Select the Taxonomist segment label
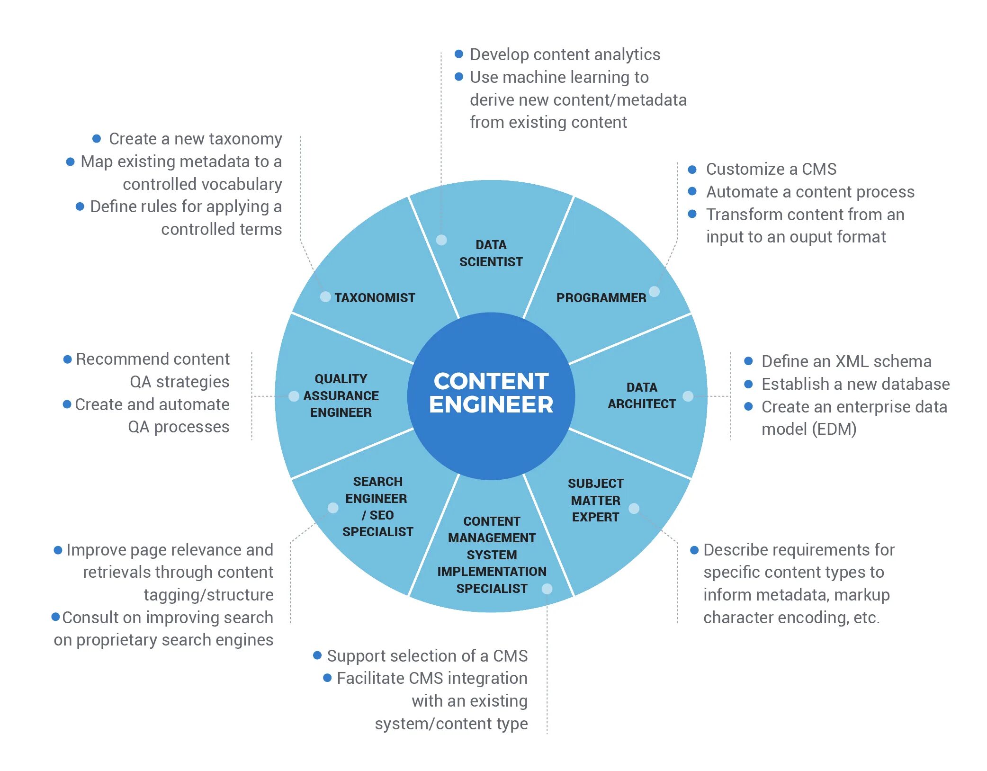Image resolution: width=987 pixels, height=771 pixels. [x=374, y=298]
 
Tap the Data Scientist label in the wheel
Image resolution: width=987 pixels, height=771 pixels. [x=491, y=253]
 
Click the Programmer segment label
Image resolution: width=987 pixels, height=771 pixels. [x=601, y=298]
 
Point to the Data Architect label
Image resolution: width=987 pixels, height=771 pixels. [x=642, y=395]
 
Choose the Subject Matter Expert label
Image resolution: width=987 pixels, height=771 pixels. [x=595, y=500]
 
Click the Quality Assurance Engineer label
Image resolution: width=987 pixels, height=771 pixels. [x=341, y=395]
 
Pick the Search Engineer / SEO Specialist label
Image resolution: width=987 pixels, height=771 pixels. [x=377, y=507]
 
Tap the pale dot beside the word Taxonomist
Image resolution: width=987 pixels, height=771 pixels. [x=325, y=297]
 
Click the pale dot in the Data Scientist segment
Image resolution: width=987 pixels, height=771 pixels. [x=441, y=240]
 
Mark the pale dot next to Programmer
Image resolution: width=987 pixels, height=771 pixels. [x=654, y=292]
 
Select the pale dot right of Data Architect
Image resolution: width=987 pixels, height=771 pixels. [x=688, y=396]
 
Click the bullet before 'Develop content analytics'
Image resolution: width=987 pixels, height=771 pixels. [x=458, y=54]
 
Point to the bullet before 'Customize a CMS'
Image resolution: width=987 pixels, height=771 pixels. [x=692, y=169]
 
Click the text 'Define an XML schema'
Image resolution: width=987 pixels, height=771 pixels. [x=846, y=361]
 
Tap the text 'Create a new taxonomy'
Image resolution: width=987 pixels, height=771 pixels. [x=195, y=139]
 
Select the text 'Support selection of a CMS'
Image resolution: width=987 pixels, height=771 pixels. [x=427, y=656]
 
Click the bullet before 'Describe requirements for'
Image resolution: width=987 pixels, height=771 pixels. [x=694, y=550]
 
